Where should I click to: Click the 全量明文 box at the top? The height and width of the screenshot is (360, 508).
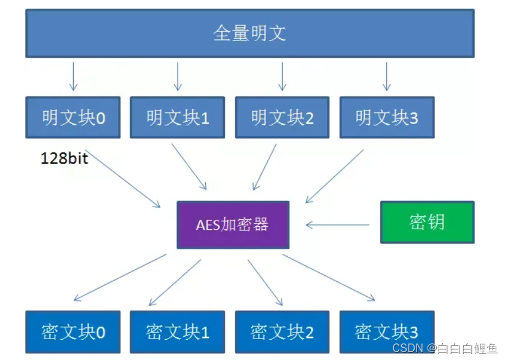(249, 33)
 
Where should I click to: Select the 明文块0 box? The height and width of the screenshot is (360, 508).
(73, 117)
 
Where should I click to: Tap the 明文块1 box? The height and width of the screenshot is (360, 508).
(178, 117)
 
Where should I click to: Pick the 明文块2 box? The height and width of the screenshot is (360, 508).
(282, 117)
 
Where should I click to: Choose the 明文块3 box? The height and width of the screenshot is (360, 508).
(386, 117)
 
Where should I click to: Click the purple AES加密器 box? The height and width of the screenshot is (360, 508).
(232, 224)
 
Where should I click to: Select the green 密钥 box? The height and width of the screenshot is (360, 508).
(427, 222)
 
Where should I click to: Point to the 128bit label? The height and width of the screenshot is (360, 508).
(64, 158)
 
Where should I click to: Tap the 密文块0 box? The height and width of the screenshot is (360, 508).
(73, 332)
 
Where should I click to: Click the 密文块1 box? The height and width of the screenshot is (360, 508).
(178, 332)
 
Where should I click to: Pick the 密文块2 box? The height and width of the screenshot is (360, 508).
(282, 332)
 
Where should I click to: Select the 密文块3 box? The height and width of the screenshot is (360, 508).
(386, 332)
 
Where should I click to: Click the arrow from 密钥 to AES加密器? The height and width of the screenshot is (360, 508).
(338, 225)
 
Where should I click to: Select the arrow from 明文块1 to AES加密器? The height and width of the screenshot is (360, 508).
(189, 166)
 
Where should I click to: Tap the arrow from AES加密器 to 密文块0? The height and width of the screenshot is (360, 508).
(120, 277)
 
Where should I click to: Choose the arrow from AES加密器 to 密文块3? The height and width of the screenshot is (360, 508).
(329, 277)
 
